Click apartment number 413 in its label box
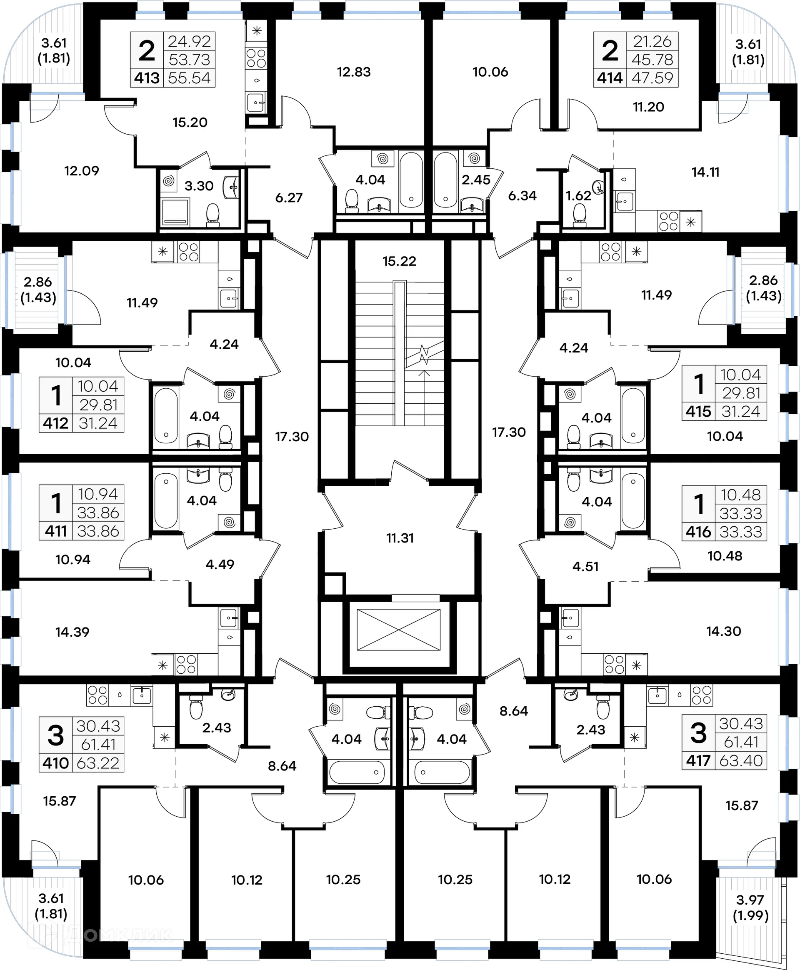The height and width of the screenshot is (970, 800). (x=147, y=78)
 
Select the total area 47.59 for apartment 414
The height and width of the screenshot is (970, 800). (x=652, y=78)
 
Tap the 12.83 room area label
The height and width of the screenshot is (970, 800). (x=354, y=72)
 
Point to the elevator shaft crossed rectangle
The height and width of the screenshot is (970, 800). (x=399, y=630)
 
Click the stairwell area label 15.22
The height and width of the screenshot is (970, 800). (x=399, y=261)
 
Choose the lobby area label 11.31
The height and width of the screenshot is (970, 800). (x=400, y=538)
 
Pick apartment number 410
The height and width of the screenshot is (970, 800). (x=55, y=763)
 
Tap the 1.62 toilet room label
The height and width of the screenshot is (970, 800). (x=578, y=196)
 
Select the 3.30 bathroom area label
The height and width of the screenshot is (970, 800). (x=199, y=186)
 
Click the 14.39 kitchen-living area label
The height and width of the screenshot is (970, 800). (x=72, y=632)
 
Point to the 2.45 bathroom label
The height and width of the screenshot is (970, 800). (x=476, y=180)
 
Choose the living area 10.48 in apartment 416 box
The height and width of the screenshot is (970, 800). (x=740, y=495)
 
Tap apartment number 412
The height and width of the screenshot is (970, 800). (x=55, y=423)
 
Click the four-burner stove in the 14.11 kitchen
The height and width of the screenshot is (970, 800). (x=668, y=221)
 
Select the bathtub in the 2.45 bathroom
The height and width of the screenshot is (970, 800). (x=445, y=180)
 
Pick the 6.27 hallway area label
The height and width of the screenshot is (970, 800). (x=289, y=197)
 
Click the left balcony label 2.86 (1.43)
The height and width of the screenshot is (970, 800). (x=38, y=290)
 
